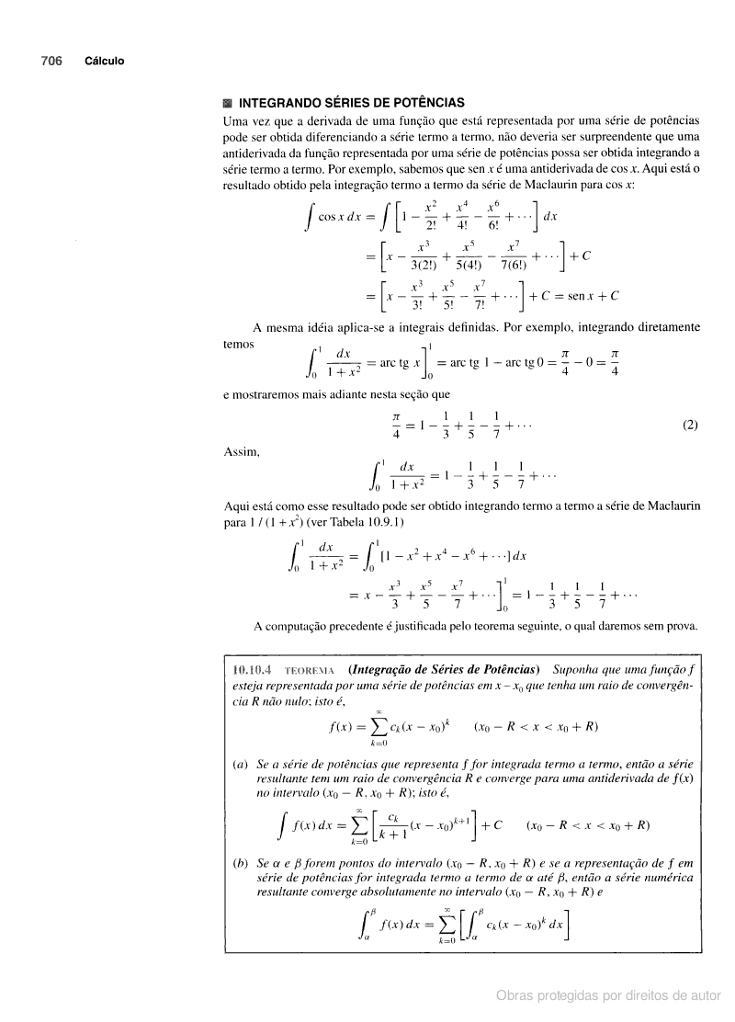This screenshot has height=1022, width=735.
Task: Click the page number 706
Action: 51,61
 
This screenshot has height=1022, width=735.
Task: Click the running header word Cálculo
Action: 104,61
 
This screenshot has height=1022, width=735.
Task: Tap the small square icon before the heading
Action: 229,104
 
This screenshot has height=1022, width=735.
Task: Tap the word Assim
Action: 240,452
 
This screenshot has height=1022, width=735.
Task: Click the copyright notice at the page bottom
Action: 608,994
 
